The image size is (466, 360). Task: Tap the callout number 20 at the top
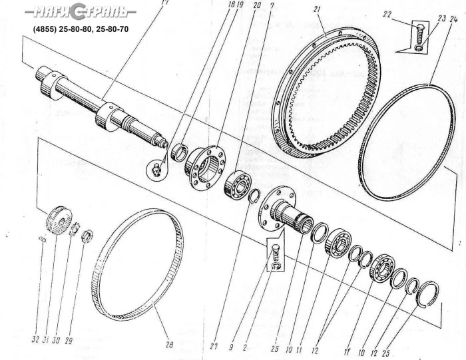pos(247,6)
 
